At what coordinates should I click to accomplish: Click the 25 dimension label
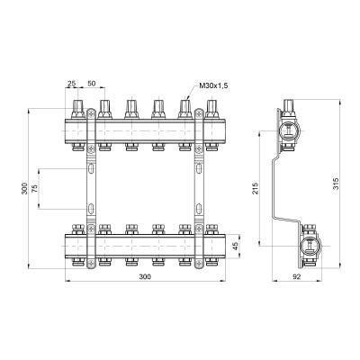[x=71, y=84]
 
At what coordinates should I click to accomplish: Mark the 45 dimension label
[x=235, y=245]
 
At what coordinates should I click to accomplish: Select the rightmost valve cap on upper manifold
[x=212, y=109]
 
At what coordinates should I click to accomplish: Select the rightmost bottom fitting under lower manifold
[x=212, y=262]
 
